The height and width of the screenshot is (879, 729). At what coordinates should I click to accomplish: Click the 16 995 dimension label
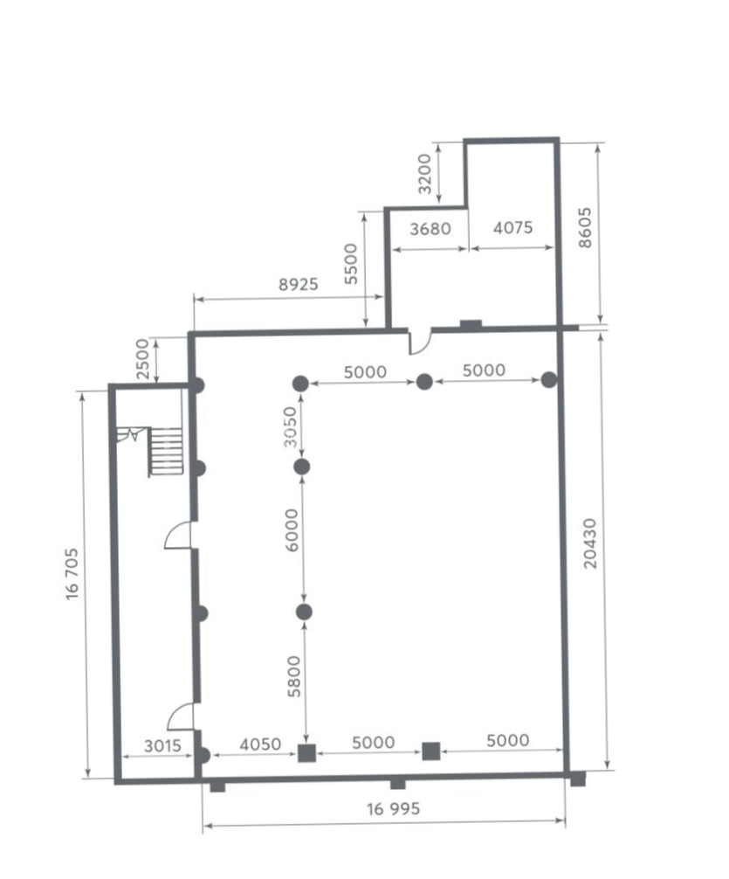pos(393,808)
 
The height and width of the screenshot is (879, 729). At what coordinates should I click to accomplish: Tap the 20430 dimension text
pos(589,543)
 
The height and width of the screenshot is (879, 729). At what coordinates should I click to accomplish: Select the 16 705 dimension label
pos(72,574)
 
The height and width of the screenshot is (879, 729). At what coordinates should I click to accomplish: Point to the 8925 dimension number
pos(298,284)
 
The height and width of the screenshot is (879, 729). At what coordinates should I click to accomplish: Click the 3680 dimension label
pos(430,229)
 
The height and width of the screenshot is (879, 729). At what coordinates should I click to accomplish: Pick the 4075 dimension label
pos(512,227)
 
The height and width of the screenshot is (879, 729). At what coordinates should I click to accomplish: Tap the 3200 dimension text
pos(424,174)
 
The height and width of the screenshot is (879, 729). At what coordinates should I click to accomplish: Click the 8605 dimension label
pos(584,227)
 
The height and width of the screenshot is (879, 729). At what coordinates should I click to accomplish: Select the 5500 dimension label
pos(350,264)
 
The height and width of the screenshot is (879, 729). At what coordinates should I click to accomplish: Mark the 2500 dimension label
pos(142,359)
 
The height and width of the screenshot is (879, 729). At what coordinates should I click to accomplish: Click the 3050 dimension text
pos(290,427)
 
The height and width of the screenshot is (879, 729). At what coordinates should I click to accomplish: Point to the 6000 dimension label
pos(292,530)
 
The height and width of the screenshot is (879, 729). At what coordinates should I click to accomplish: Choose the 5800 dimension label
pos(294,676)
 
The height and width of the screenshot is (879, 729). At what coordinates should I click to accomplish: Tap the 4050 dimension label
pos(260,744)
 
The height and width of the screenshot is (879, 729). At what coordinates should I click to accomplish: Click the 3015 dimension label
pos(162,745)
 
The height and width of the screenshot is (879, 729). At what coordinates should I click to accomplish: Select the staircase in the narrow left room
pos(165,452)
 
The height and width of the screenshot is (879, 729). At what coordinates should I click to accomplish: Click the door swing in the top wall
pos(420,342)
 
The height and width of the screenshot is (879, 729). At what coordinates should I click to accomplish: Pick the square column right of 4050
pos(306,753)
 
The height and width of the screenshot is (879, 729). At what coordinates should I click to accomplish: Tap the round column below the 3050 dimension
pos(301,467)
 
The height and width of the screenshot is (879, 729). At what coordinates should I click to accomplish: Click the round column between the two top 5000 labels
pos(424,382)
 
